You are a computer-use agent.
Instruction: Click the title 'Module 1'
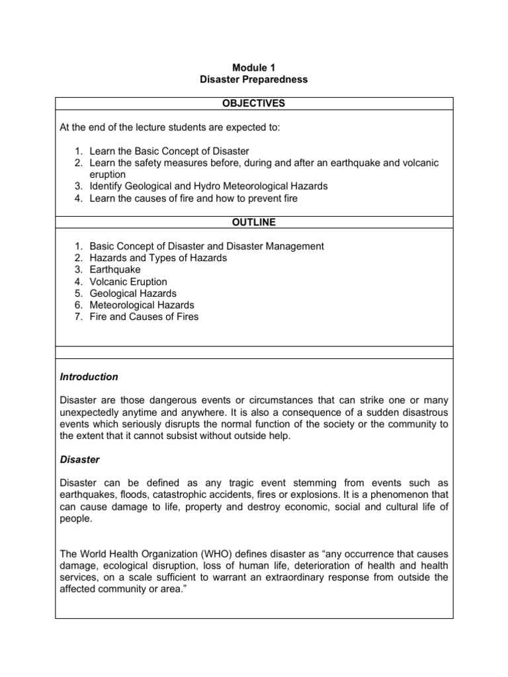[254, 67]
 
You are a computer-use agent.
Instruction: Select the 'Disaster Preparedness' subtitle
[254, 79]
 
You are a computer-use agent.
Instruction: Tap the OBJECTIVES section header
[254, 103]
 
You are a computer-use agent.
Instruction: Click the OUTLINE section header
[254, 222]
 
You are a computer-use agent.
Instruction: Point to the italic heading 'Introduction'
[89, 377]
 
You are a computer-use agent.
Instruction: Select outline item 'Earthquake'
[115, 270]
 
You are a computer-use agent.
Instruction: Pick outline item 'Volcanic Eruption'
[128, 282]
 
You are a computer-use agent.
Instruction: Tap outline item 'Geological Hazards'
[133, 294]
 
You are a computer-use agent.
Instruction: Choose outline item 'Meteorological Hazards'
[142, 305]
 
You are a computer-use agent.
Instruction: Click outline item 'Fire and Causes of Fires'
[144, 317]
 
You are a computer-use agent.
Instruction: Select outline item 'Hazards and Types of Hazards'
[158, 258]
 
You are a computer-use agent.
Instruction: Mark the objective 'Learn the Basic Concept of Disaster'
[169, 151]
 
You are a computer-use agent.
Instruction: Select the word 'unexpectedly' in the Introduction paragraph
[90, 412]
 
